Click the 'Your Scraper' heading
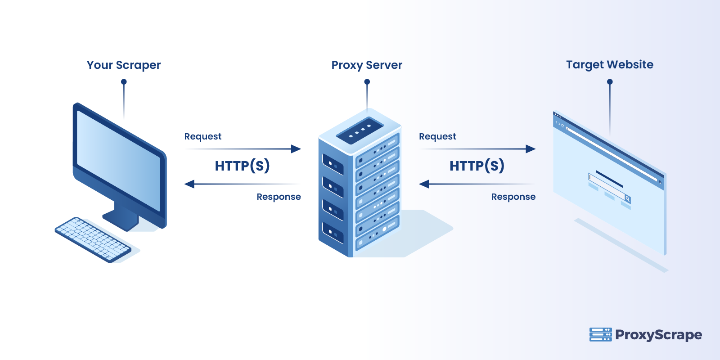[123, 65]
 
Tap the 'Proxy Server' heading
[367, 65]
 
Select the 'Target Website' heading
[609, 65]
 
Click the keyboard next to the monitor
[93, 239]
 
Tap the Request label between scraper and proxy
[202, 136]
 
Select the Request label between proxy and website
[437, 136]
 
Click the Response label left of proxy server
[279, 197]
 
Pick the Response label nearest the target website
[513, 197]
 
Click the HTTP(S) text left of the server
[242, 166]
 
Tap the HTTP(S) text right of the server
[477, 166]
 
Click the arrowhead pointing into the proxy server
[296, 149]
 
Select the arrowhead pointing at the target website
[531, 149]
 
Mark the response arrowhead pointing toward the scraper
[189, 184]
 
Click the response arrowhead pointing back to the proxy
[424, 184]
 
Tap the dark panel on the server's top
[360, 131]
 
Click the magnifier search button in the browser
[627, 198]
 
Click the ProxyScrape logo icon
[600, 334]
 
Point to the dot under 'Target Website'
[610, 82]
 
